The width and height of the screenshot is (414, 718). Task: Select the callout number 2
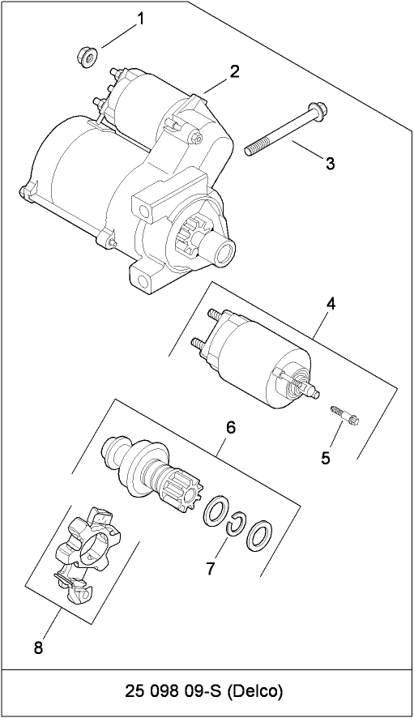coord(234,71)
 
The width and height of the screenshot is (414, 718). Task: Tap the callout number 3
coord(330,164)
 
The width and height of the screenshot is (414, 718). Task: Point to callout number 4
coord(331,304)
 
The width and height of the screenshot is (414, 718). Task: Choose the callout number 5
coord(326,458)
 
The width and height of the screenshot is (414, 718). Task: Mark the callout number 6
coord(231,427)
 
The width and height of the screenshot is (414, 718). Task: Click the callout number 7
coord(211,568)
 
